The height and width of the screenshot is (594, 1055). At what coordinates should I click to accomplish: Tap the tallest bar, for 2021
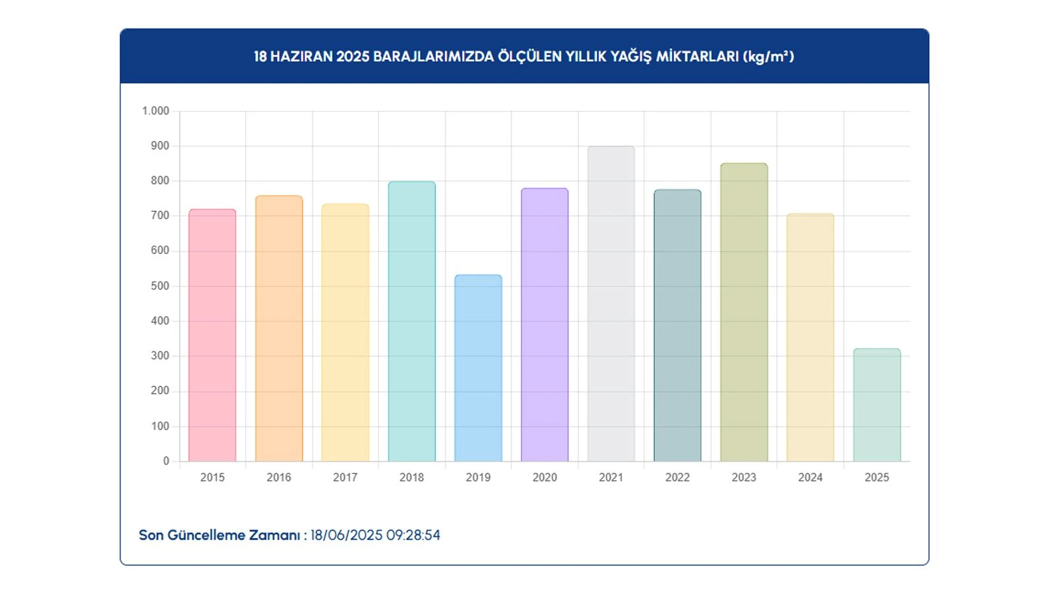coord(611,304)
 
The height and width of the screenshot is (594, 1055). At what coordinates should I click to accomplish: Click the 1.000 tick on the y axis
coord(156,111)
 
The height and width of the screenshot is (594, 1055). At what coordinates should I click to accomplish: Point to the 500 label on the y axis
coord(160,286)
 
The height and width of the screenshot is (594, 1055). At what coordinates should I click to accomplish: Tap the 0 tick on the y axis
coord(166,461)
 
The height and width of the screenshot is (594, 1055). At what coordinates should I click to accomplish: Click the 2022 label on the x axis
coord(677,477)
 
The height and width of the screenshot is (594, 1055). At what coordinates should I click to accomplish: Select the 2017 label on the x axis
coord(345,477)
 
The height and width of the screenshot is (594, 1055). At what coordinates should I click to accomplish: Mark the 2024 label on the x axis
coord(810,477)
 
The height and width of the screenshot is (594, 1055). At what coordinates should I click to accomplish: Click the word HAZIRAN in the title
coord(301,57)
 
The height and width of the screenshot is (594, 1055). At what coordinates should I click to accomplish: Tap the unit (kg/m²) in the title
coord(768,57)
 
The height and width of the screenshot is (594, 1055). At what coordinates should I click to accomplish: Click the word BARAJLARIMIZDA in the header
coord(433,57)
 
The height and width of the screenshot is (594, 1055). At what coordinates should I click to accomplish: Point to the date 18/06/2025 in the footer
coord(346,535)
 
